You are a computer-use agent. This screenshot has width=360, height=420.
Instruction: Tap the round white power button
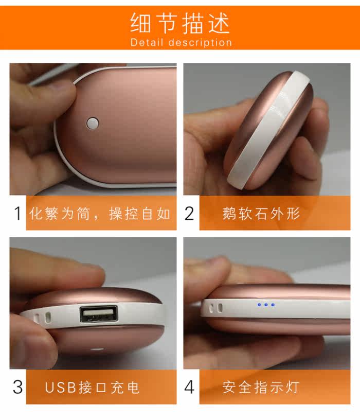(x=93, y=122)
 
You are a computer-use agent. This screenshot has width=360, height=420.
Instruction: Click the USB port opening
(x=98, y=314)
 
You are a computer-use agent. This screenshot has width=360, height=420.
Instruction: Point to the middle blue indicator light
(x=266, y=305)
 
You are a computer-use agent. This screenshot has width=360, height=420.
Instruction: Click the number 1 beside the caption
(x=17, y=213)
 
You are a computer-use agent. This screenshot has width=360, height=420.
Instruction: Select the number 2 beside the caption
(x=189, y=213)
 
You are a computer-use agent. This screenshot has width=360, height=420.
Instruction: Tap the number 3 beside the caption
(x=17, y=387)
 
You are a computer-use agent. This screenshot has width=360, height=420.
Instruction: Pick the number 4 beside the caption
(x=189, y=387)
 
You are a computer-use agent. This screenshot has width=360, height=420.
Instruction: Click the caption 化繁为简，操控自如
(x=100, y=213)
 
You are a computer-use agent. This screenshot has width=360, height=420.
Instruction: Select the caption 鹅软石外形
(x=261, y=213)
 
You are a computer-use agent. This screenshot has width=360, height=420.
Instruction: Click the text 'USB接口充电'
(x=93, y=387)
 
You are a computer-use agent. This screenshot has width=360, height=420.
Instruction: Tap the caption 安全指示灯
(x=261, y=387)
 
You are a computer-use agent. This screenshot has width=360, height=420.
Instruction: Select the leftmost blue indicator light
(x=259, y=305)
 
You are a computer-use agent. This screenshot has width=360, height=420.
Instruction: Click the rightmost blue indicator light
(x=273, y=305)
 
